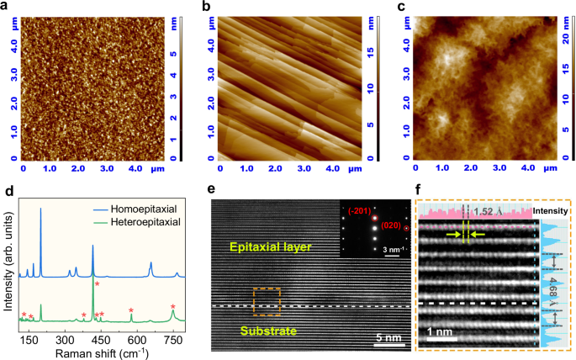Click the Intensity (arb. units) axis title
click(x=8, y=270)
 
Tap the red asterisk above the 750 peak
click(x=173, y=307)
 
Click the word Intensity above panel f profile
click(x=552, y=210)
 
